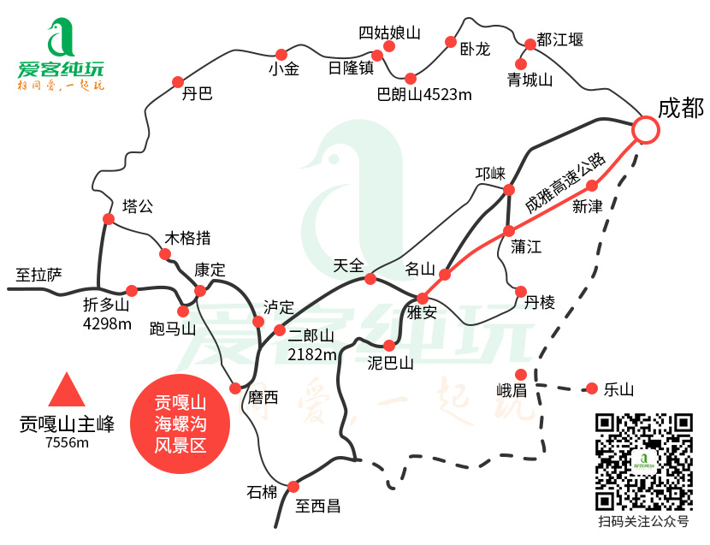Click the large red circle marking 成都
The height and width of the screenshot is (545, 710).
tap(646, 130)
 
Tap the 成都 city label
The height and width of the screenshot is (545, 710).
tap(680, 108)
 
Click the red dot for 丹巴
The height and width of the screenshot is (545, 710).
tap(179, 81)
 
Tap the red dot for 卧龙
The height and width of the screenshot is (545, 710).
tap(451, 42)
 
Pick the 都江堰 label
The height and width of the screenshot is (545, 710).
tap(560, 39)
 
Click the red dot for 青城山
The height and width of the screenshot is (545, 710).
tap(520, 63)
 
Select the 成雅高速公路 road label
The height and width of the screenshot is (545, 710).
tap(565, 183)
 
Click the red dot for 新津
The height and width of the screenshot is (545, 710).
tap(591, 186)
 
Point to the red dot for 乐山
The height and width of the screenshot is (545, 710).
tap(592, 388)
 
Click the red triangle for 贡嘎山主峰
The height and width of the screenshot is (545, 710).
tap(67, 390)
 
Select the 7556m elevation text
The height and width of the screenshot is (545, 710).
tap(68, 442)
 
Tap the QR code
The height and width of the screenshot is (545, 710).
tap(643, 461)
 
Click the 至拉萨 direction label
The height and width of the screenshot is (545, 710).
tap(39, 275)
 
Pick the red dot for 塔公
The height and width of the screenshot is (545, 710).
tap(109, 219)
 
